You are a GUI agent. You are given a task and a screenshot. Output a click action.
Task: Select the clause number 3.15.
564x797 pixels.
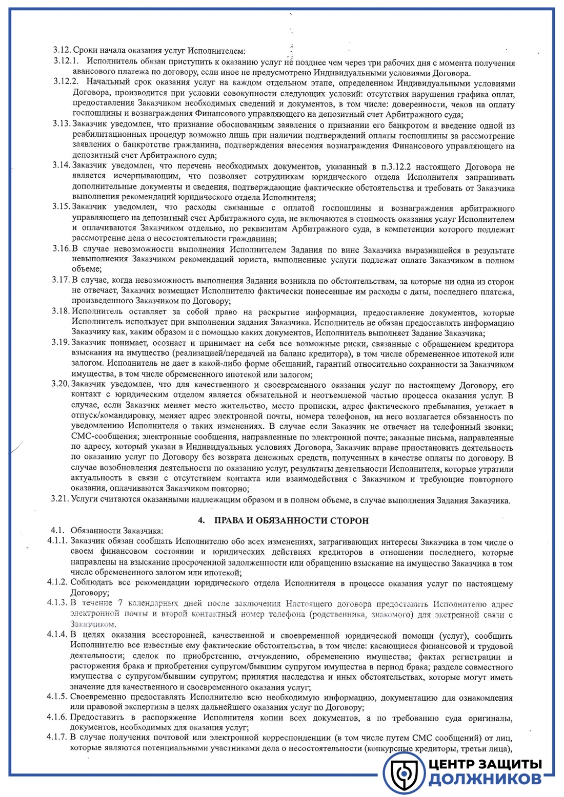click(61, 207)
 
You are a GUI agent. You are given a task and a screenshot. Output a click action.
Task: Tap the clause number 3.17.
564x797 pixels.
click(61, 281)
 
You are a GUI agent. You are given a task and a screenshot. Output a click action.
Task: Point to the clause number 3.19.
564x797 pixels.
click(61, 342)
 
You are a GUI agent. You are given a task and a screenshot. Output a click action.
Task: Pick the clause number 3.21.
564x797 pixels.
click(61, 500)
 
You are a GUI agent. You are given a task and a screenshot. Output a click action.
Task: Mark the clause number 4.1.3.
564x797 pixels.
click(57, 602)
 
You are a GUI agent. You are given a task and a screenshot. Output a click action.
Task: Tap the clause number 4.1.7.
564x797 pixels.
click(57, 738)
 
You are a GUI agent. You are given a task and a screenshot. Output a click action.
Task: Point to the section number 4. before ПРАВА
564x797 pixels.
click(202, 520)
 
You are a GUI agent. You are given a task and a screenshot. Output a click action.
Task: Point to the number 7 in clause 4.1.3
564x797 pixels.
click(119, 603)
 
